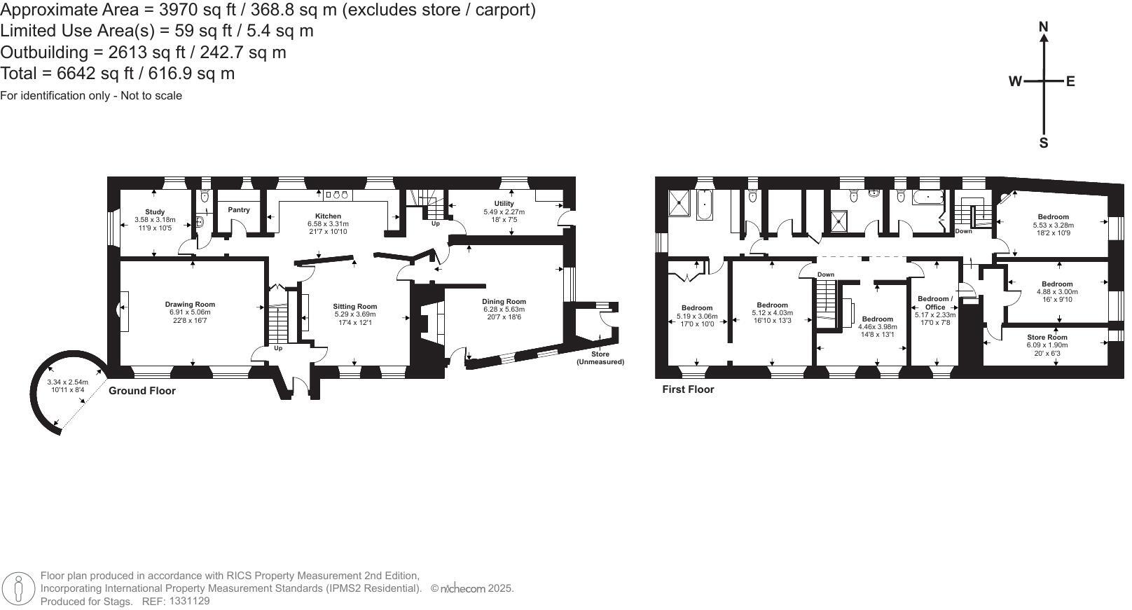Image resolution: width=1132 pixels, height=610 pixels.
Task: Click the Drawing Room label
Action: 190,305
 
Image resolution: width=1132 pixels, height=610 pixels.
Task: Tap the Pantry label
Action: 239,209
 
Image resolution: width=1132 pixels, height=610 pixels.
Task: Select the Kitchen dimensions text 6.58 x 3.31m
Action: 328,224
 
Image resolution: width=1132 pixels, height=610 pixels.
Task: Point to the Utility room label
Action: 504,204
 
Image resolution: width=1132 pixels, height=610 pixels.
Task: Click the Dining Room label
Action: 504,302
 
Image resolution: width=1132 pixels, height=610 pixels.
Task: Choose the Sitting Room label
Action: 354,307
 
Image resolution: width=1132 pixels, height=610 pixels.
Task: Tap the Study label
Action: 155,212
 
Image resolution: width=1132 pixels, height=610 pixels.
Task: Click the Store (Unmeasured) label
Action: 600,358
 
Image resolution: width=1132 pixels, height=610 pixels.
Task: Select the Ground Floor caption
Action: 142,391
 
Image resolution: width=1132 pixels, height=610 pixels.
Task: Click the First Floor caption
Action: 688,389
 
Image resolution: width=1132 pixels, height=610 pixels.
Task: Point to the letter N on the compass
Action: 1043,27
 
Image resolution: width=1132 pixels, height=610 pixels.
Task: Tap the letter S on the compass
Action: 1043,144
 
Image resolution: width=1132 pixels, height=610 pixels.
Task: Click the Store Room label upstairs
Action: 1047,338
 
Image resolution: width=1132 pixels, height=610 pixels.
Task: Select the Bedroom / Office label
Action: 935,303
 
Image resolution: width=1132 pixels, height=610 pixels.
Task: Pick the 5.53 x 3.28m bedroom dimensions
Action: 1053,225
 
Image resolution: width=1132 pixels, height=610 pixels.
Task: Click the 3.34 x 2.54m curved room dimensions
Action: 68,382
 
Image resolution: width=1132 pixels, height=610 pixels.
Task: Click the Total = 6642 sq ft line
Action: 118,74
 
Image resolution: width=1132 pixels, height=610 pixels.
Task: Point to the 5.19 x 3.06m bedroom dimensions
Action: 697,316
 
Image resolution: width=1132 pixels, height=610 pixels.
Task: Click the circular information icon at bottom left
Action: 19,589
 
